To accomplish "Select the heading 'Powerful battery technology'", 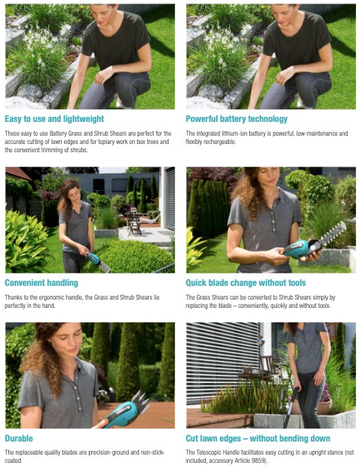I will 237,118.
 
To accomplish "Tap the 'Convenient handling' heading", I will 41,282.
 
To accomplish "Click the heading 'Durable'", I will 19,438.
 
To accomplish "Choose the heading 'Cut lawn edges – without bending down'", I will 258,438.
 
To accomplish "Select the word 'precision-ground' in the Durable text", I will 136,452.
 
